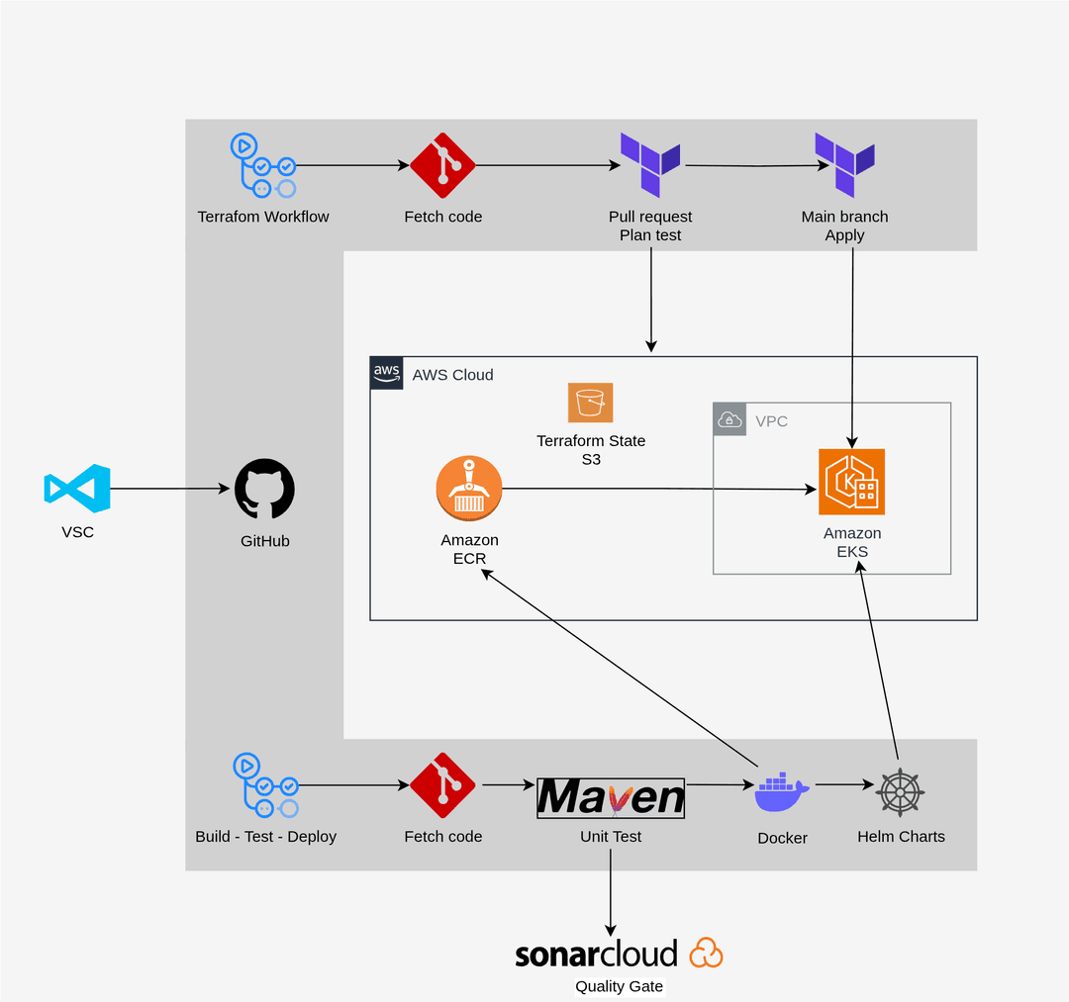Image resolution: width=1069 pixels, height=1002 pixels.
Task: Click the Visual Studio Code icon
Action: point(77,488)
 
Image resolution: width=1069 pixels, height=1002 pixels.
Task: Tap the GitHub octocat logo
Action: point(264,489)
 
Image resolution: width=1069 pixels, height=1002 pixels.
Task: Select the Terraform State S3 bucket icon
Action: point(591,403)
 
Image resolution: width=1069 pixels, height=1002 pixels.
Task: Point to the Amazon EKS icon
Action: point(851,482)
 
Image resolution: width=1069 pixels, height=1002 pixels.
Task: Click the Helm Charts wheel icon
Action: point(901,791)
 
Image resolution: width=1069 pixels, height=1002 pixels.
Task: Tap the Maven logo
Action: point(611,797)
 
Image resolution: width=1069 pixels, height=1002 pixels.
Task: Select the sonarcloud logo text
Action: point(596,954)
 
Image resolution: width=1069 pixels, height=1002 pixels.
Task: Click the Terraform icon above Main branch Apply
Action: point(844,164)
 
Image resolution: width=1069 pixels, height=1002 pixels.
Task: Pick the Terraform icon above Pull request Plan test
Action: point(650,164)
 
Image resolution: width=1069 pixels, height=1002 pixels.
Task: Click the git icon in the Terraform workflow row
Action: point(442,165)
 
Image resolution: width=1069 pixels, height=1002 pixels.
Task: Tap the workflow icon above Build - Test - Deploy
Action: point(265,785)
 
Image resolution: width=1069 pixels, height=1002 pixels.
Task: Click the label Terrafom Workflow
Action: point(263,217)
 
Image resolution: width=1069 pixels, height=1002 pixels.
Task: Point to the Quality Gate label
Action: point(620,986)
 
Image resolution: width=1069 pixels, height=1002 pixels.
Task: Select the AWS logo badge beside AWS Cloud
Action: point(387,373)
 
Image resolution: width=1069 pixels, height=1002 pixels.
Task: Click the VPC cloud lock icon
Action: point(729,418)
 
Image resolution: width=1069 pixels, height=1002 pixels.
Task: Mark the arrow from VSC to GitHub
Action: point(168,489)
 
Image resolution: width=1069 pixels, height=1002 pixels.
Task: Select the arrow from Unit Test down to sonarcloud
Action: point(611,890)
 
